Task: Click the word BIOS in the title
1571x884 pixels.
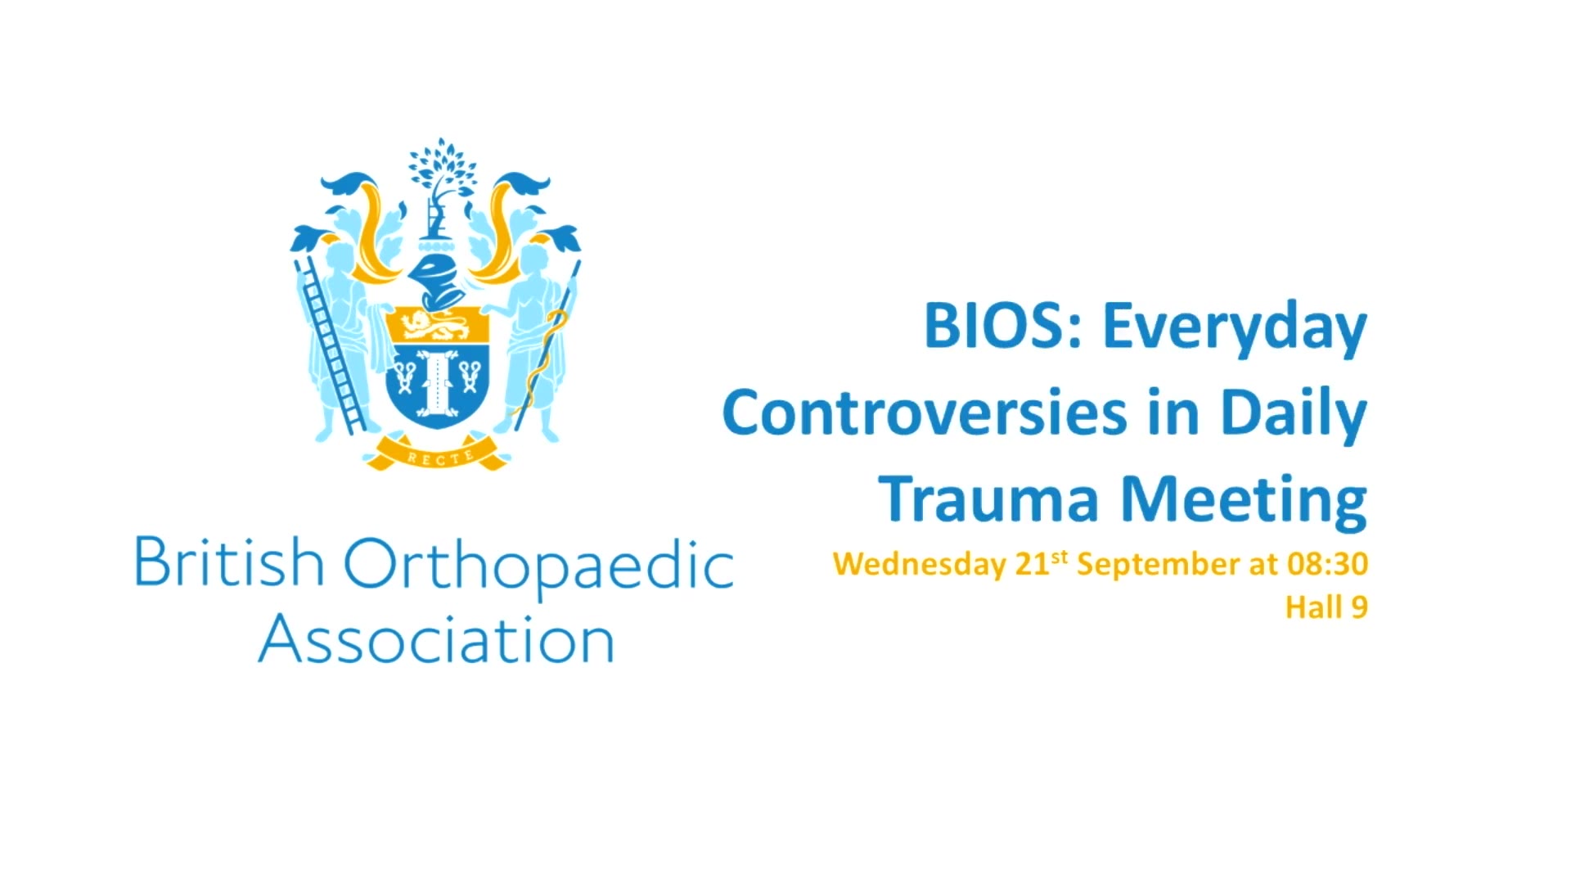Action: (1005, 327)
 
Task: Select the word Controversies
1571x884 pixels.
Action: (925, 413)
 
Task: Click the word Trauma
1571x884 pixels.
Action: (989, 499)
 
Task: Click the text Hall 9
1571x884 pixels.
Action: (1326, 607)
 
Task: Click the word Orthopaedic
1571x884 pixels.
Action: (538, 566)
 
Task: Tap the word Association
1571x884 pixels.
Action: (436, 638)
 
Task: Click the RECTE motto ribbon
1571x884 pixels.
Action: (437, 454)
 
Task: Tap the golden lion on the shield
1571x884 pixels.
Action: (438, 327)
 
